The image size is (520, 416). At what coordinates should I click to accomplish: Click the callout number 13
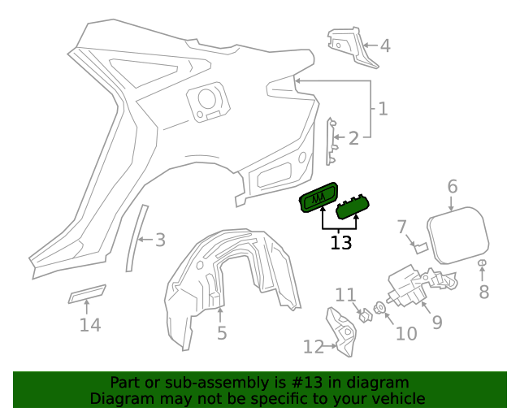point(341,242)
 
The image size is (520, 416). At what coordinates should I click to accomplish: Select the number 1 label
point(382,109)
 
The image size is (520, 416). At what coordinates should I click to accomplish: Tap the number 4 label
point(385,46)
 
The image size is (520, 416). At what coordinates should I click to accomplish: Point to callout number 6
point(453,188)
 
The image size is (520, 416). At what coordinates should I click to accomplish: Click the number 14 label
point(90,325)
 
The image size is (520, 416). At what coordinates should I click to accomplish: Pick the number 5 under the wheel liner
point(222,332)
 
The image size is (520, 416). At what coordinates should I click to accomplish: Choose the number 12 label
point(313,348)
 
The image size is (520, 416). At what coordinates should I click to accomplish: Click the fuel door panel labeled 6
point(457,236)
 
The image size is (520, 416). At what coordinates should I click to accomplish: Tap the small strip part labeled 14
point(87,292)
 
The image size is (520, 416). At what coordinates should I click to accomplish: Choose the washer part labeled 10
point(379,309)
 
